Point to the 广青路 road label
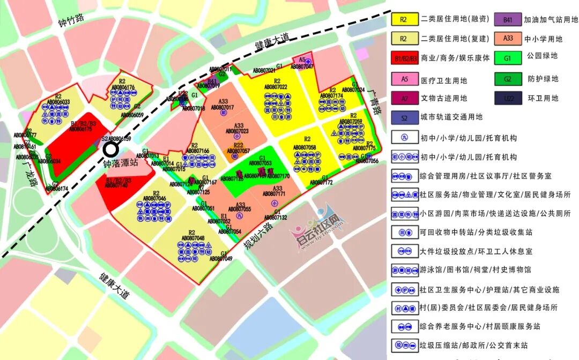[x=375, y=101]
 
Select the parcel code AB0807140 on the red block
[x=116, y=185]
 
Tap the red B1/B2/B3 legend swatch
[x=405, y=58]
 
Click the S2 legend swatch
[x=405, y=117]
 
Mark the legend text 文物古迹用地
[x=444, y=98]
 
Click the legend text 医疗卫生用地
[x=444, y=80]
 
